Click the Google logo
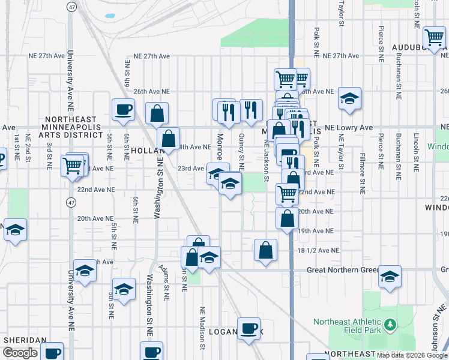pos(20,353)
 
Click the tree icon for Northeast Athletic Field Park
pos(390,325)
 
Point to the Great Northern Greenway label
pos(342,270)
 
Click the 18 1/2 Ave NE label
pos(319,250)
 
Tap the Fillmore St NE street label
pos(362,175)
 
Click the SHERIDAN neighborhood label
pos(25,340)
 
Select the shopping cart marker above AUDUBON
pos(434,37)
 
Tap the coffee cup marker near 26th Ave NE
pos(124,110)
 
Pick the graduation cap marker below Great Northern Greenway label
pos(390,276)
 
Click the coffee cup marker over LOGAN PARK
pos(249,328)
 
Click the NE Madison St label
pos(203,328)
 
